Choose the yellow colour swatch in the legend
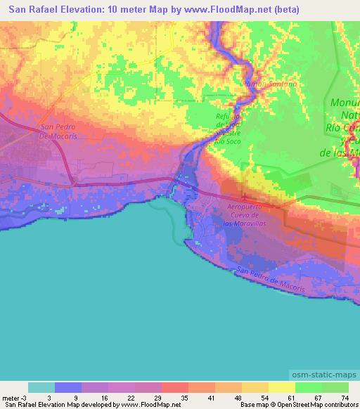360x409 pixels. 281,387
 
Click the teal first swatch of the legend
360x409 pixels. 41,387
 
